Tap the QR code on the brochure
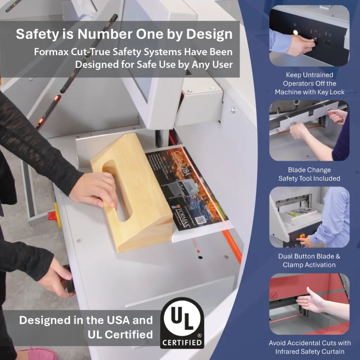click(x=200, y=220)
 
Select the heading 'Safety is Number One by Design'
click(x=124, y=34)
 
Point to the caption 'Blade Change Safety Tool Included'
click(x=309, y=174)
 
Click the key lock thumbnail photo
click(x=309, y=36)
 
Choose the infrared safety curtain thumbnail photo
click(x=309, y=304)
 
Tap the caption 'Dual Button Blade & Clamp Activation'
click(x=309, y=261)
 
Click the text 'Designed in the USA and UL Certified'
click(x=86, y=327)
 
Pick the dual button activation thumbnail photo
click(x=309, y=217)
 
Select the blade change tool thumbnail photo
click(x=309, y=130)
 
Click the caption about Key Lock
click(x=309, y=83)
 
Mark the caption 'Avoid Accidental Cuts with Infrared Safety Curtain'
click(x=310, y=347)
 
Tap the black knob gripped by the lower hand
click(x=69, y=279)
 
